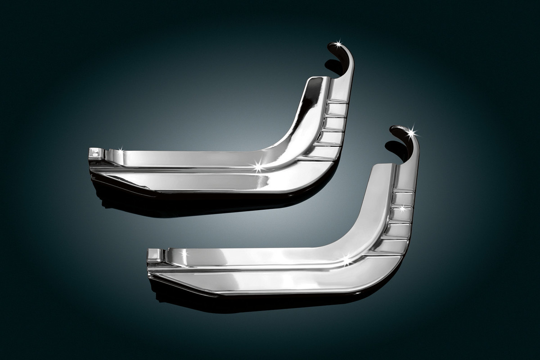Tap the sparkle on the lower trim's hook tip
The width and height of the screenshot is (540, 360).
pyautogui.click(x=412, y=132)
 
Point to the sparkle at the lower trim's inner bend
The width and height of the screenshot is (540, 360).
pyautogui.click(x=346, y=259)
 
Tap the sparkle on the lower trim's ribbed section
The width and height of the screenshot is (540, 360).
pyautogui.click(x=402, y=208)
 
